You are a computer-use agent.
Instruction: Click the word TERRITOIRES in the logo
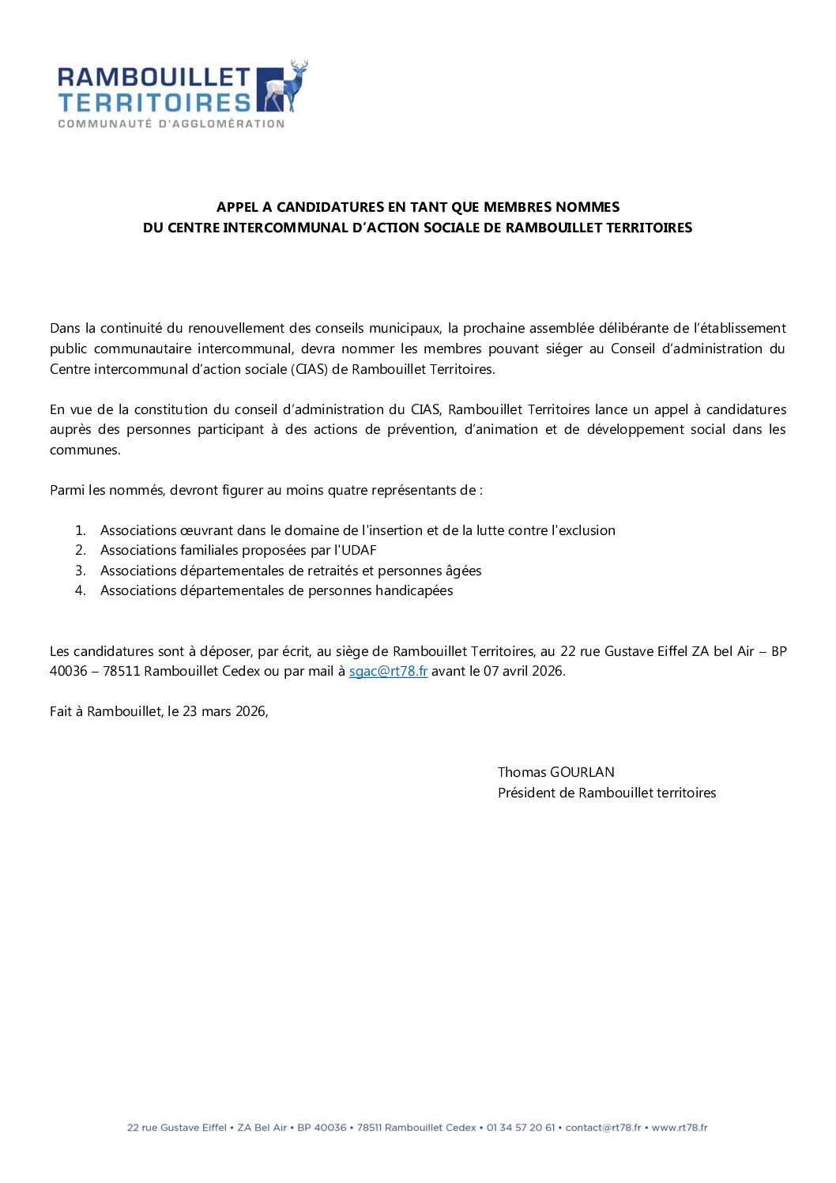coord(154,103)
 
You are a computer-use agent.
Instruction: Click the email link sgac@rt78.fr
coord(388,671)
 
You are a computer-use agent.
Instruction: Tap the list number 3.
coord(80,571)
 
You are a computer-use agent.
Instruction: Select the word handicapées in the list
coord(414,590)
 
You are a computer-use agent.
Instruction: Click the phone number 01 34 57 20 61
coord(521,1128)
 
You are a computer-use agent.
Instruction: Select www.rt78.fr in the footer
coord(680,1128)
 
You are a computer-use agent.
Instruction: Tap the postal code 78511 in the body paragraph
coord(122,671)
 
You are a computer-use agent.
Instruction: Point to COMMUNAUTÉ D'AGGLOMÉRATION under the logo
coord(171,124)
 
